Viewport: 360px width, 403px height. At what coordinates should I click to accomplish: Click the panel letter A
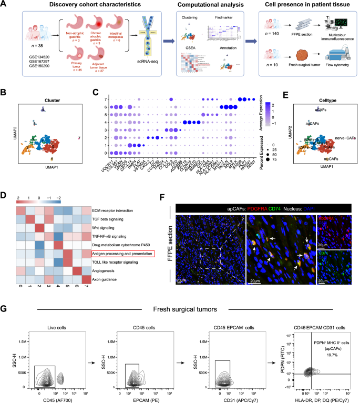(x=4, y=4)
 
